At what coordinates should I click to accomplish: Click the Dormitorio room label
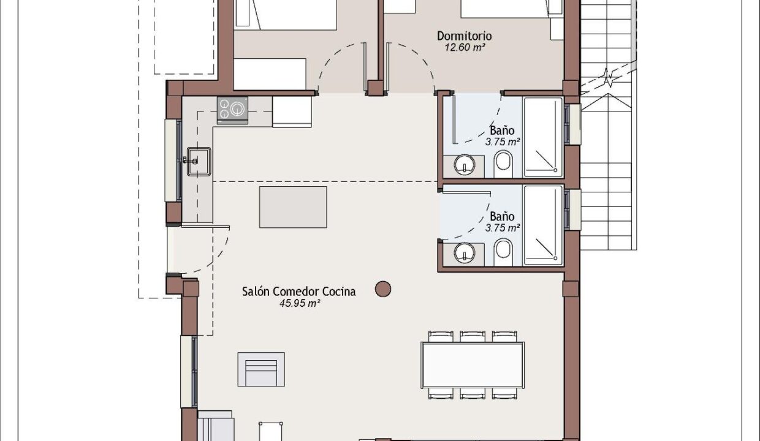pyautogui.click(x=464, y=36)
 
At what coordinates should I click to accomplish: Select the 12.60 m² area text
pyautogui.click(x=465, y=47)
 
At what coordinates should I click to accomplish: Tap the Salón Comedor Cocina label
pyautogui.click(x=299, y=292)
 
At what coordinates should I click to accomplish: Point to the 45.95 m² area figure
pyautogui.click(x=300, y=303)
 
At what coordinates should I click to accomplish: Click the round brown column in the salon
pyautogui.click(x=383, y=289)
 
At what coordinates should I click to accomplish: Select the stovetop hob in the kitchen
pyautogui.click(x=232, y=110)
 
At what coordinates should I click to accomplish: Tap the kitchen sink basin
pyautogui.click(x=199, y=161)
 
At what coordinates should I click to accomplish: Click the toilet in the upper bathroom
pyautogui.click(x=503, y=164)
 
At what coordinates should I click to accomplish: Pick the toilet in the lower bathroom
pyautogui.click(x=503, y=252)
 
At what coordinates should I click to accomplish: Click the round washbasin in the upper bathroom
pyautogui.click(x=464, y=165)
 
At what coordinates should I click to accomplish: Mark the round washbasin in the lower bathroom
pyautogui.click(x=465, y=253)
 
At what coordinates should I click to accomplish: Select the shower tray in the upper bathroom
pyautogui.click(x=543, y=137)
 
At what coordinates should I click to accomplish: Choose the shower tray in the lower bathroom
pyautogui.click(x=543, y=225)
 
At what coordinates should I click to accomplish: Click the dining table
pyautogui.click(x=473, y=365)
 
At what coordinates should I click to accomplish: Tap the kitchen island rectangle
pyautogui.click(x=293, y=207)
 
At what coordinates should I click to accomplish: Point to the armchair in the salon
pyautogui.click(x=261, y=369)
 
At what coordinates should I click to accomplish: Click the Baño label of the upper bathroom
pyautogui.click(x=502, y=130)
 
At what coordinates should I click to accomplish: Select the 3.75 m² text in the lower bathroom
pyautogui.click(x=503, y=228)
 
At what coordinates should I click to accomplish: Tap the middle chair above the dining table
pyautogui.click(x=473, y=336)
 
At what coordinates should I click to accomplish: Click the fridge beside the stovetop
pyautogui.click(x=292, y=112)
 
